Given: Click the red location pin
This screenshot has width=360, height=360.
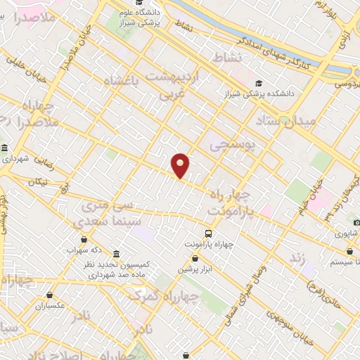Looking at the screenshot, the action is pyautogui.click(x=181, y=165).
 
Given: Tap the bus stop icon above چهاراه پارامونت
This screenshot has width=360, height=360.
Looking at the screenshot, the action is pyautogui.click(x=208, y=233).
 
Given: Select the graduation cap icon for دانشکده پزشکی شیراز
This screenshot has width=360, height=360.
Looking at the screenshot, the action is pyautogui.click(x=259, y=82).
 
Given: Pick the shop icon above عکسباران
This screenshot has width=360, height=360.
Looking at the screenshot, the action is pyautogui.click(x=49, y=295).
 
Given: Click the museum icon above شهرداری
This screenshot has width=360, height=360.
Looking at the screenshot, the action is pyautogui.click(x=6, y=148).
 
